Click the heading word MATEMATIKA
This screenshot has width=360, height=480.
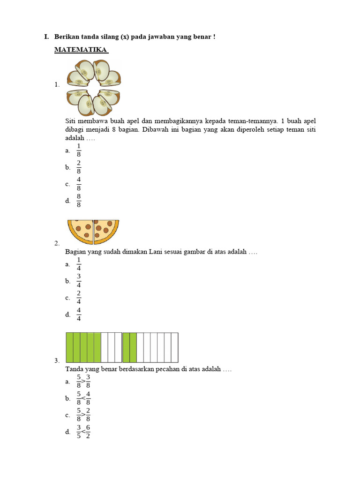point(81,49)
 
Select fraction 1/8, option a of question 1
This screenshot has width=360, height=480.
point(79,150)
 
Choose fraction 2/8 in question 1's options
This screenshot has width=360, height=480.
point(79,167)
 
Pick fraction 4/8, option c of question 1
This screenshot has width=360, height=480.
point(79,184)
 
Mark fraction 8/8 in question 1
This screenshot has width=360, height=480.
point(79,201)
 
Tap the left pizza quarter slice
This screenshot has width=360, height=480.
point(82,230)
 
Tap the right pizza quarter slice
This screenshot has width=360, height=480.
point(105,230)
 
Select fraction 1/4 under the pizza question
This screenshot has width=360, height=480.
point(79,264)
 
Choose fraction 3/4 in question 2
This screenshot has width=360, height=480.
point(79,281)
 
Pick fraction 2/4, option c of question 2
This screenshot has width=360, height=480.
point(79,298)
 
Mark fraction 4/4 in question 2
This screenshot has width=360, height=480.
point(79,315)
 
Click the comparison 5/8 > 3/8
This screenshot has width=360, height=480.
point(83,382)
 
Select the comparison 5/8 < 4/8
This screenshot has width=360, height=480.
point(83,398)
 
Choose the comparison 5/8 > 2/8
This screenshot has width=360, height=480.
point(83,415)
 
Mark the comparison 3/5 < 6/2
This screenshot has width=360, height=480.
point(83,432)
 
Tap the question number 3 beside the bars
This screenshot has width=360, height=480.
point(56,360)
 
